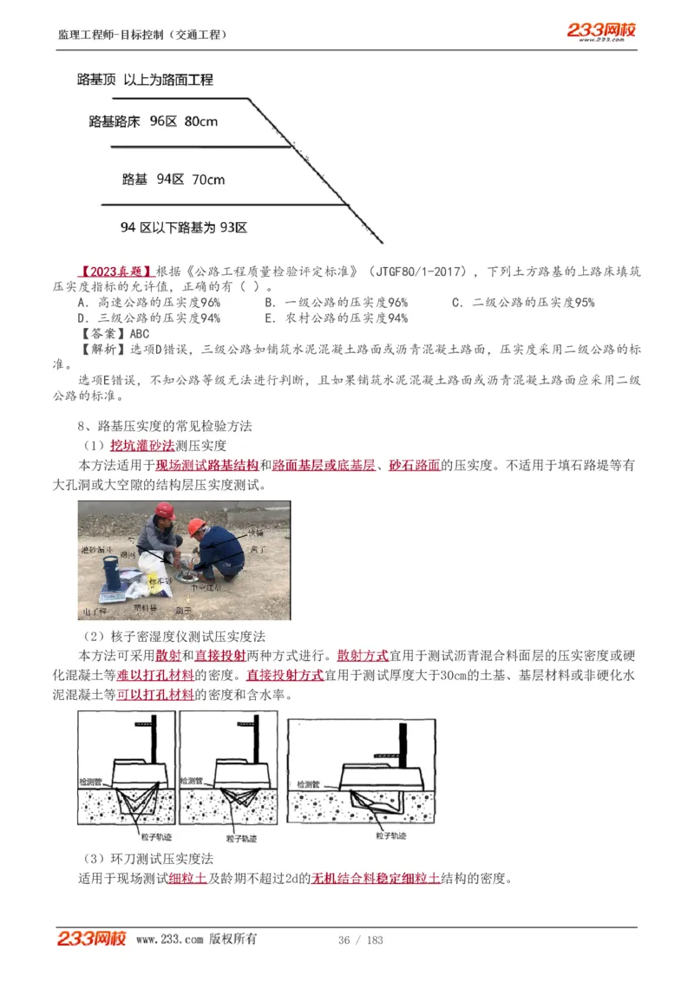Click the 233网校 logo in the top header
pyautogui.click(x=601, y=31)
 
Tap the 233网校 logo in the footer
pyautogui.click(x=93, y=939)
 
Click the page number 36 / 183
pyautogui.click(x=360, y=940)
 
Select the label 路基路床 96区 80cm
pyautogui.click(x=154, y=121)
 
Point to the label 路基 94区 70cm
pyautogui.click(x=173, y=180)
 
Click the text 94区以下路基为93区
pyautogui.click(x=184, y=228)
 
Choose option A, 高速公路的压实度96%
pyautogui.click(x=149, y=302)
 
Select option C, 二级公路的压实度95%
pyautogui.click(x=523, y=302)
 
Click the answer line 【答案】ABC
pyautogui.click(x=114, y=333)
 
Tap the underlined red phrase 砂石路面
pyautogui.click(x=415, y=465)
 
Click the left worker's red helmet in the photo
pyautogui.click(x=165, y=511)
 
